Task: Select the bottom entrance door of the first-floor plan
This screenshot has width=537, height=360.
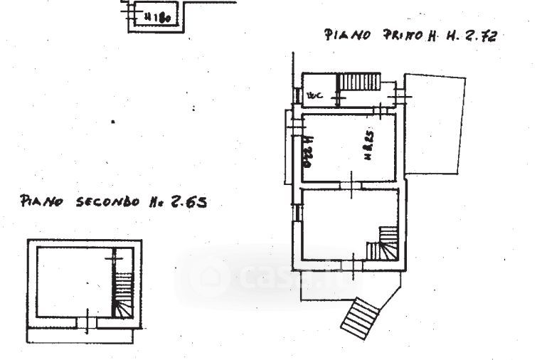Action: (353, 266)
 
